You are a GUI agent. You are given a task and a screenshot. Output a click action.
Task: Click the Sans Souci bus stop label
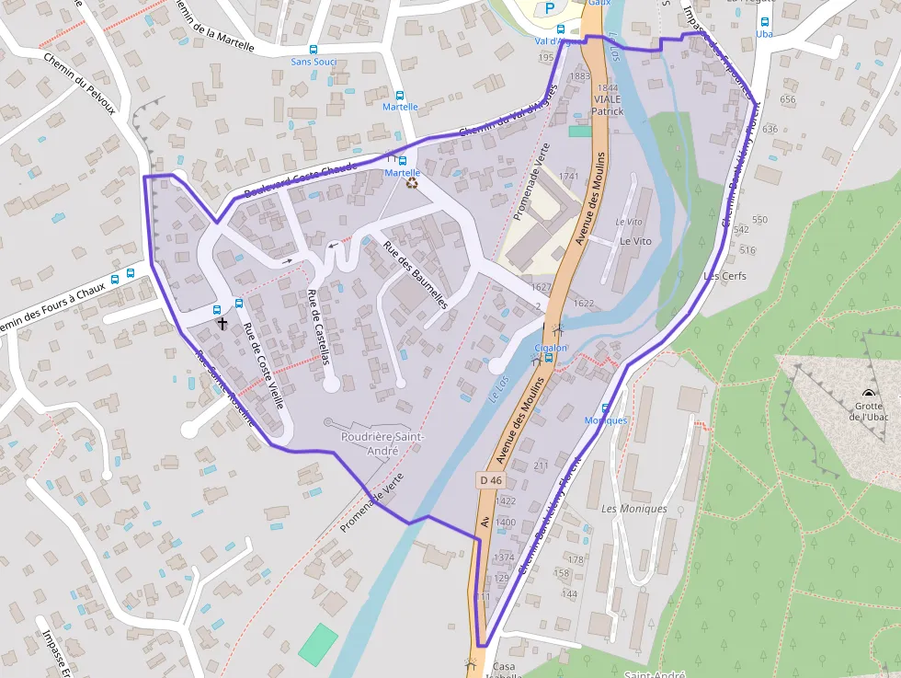[x=313, y=62]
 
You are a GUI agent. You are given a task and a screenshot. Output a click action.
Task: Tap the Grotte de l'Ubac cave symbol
[x=869, y=393]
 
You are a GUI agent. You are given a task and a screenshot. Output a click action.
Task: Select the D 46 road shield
[x=490, y=480]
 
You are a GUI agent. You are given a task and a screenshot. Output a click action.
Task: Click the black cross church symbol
[x=222, y=324]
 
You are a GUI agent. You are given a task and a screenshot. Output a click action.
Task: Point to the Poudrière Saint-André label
[x=382, y=442]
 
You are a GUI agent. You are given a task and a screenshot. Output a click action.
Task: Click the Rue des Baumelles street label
[x=415, y=274]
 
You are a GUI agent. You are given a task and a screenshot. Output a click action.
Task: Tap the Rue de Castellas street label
[x=318, y=327]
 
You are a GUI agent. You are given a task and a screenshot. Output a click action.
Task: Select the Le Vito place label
[x=635, y=241]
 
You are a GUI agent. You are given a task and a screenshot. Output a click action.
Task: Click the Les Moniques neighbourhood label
[x=633, y=509]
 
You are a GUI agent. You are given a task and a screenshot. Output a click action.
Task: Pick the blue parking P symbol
[x=550, y=8]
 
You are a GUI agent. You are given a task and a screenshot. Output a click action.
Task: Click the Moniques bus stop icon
[x=605, y=408]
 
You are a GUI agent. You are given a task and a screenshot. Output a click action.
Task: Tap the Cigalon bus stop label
[x=551, y=348]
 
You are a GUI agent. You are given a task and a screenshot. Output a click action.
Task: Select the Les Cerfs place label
[x=724, y=276]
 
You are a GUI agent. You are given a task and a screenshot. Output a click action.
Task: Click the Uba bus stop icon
[x=764, y=21]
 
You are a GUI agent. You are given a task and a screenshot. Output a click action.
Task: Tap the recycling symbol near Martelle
[x=413, y=183]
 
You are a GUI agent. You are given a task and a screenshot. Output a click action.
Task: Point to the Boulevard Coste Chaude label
[x=300, y=180]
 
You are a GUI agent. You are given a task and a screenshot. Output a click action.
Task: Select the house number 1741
[x=568, y=177]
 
